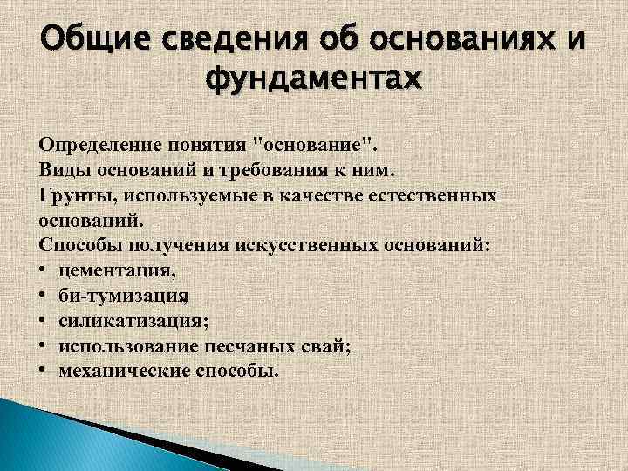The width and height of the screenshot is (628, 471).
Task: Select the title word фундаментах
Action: click(312, 82)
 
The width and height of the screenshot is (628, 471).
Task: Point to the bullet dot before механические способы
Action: click(44, 372)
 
